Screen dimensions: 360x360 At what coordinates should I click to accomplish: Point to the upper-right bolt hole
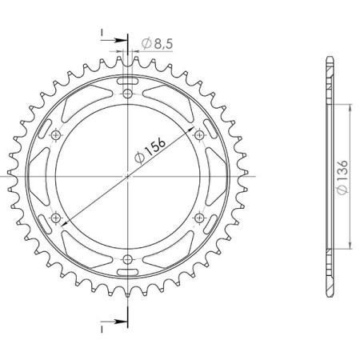[x=200, y=135]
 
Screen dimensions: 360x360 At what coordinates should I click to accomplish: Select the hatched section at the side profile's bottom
[x=329, y=272]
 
